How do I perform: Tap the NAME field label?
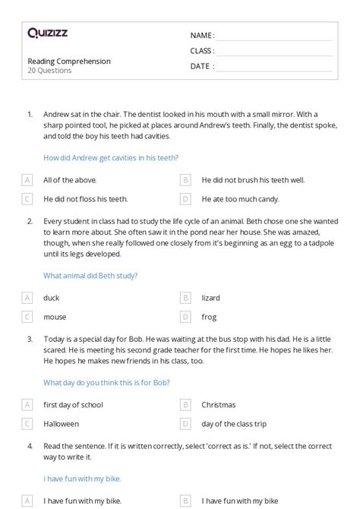point(202,36)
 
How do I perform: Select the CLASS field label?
point(202,51)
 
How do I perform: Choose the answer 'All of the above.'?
point(70,180)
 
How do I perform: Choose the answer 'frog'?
point(209,317)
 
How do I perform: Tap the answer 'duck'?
point(51,298)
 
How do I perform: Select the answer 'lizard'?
point(210,298)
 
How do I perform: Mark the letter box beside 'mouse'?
point(27,317)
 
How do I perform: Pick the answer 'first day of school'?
point(73,405)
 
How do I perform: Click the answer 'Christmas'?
point(219,405)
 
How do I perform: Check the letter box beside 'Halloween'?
point(27,424)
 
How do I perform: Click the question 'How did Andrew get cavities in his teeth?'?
point(111,158)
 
